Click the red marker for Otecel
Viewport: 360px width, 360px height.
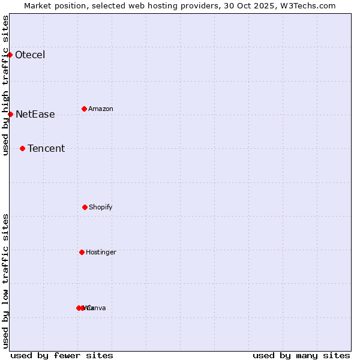[x=10, y=55]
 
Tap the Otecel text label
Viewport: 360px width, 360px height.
[x=30, y=55]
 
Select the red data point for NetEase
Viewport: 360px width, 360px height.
[x=10, y=114]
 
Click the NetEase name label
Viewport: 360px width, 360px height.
[x=35, y=115]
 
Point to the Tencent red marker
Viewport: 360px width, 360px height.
[x=22, y=148]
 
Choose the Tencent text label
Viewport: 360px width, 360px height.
[x=46, y=149]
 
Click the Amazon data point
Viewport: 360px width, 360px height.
[x=84, y=109]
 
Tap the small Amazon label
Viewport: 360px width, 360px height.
[x=101, y=109]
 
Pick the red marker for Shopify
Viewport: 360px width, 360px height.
[x=85, y=207]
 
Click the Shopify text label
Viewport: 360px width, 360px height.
[x=101, y=208]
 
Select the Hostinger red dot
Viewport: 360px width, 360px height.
[x=82, y=252]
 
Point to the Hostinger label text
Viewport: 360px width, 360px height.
[x=101, y=253]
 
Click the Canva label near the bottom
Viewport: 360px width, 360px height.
[x=97, y=308]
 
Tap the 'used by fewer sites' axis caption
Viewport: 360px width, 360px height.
[x=62, y=355]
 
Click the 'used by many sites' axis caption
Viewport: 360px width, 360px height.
[x=301, y=355]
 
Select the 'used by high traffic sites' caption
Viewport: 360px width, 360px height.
[x=6, y=85]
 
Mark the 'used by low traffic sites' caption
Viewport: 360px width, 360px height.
[x=6, y=281]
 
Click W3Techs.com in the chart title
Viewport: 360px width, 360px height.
[x=309, y=5]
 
